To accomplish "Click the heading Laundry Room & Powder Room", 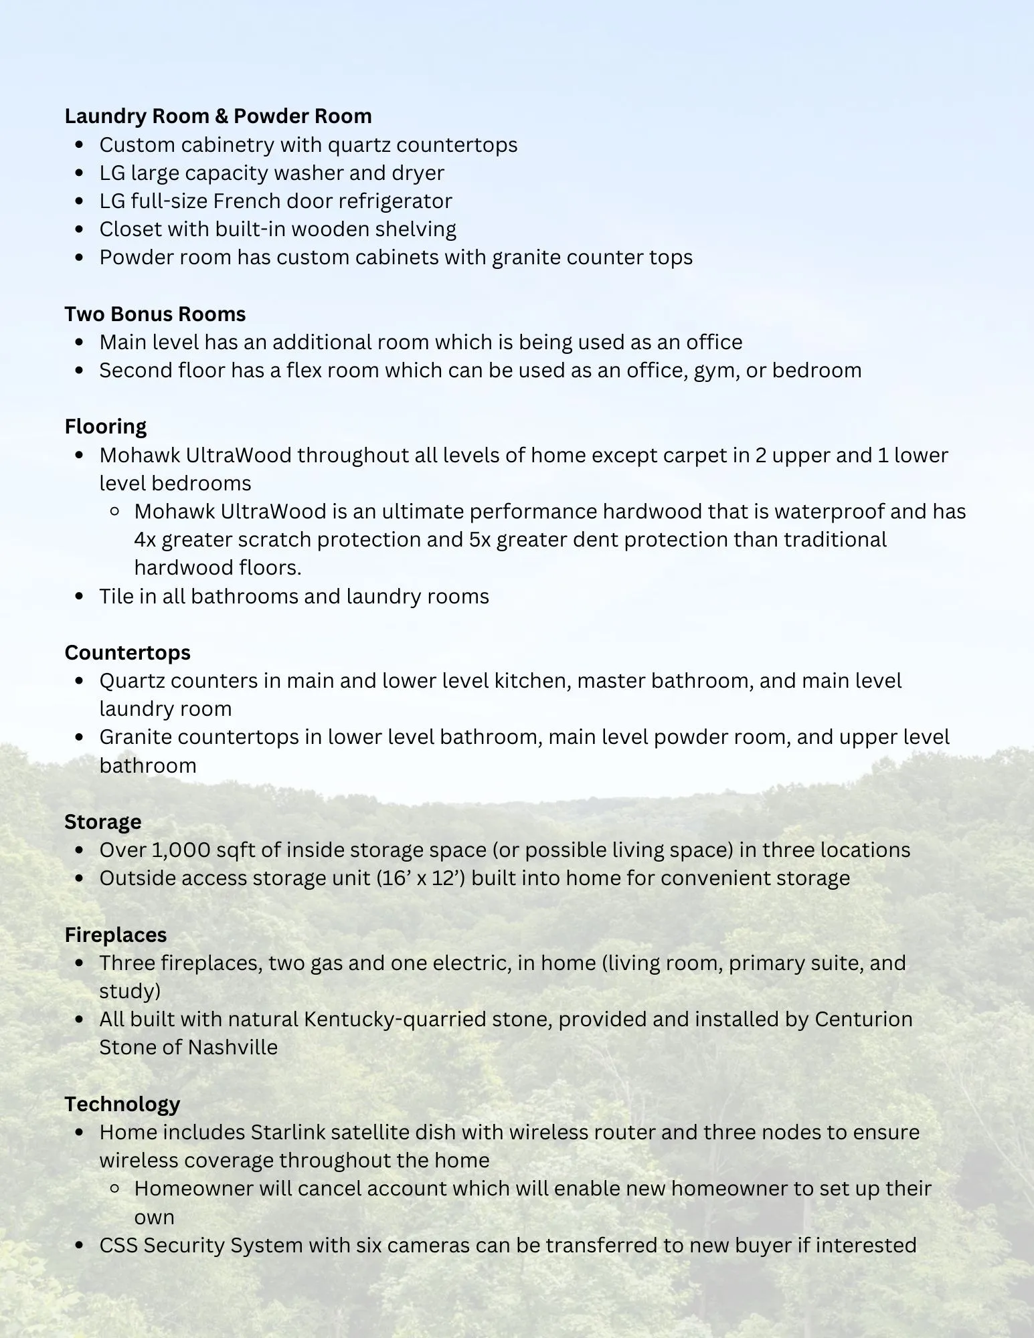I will pyautogui.click(x=218, y=116).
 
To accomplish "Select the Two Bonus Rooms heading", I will pyautogui.click(x=155, y=314).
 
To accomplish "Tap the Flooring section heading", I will pyautogui.click(x=106, y=427).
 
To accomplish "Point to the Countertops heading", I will pyautogui.click(x=128, y=652).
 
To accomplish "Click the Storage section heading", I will pyautogui.click(x=103, y=822).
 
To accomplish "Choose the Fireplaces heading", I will pyautogui.click(x=116, y=935).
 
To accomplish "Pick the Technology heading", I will pyautogui.click(x=122, y=1104).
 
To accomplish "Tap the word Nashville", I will pyautogui.click(x=233, y=1047).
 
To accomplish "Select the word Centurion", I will pyautogui.click(x=863, y=1019).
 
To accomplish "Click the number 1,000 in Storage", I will pyautogui.click(x=178, y=850).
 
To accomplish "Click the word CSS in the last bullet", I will pyautogui.click(x=118, y=1246).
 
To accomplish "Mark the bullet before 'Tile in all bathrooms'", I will pyautogui.click(x=80, y=596).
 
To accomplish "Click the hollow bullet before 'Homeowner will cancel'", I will pyautogui.click(x=114, y=1189).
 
